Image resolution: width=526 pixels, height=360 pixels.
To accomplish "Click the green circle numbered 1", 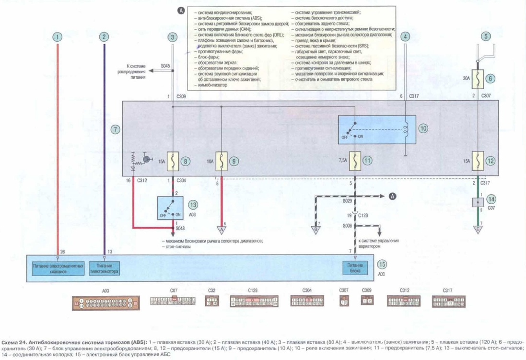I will pos(58,36).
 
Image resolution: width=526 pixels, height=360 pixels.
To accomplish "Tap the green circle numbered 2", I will pos(104,36).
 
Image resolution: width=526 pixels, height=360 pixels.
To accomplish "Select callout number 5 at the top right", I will pos(486,36).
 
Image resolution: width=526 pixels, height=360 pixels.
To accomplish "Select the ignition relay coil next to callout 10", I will pos(406,128).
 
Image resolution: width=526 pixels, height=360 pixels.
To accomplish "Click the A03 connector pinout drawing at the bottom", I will pos(105,302).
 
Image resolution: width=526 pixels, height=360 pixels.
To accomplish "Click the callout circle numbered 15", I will pos(382,264).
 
